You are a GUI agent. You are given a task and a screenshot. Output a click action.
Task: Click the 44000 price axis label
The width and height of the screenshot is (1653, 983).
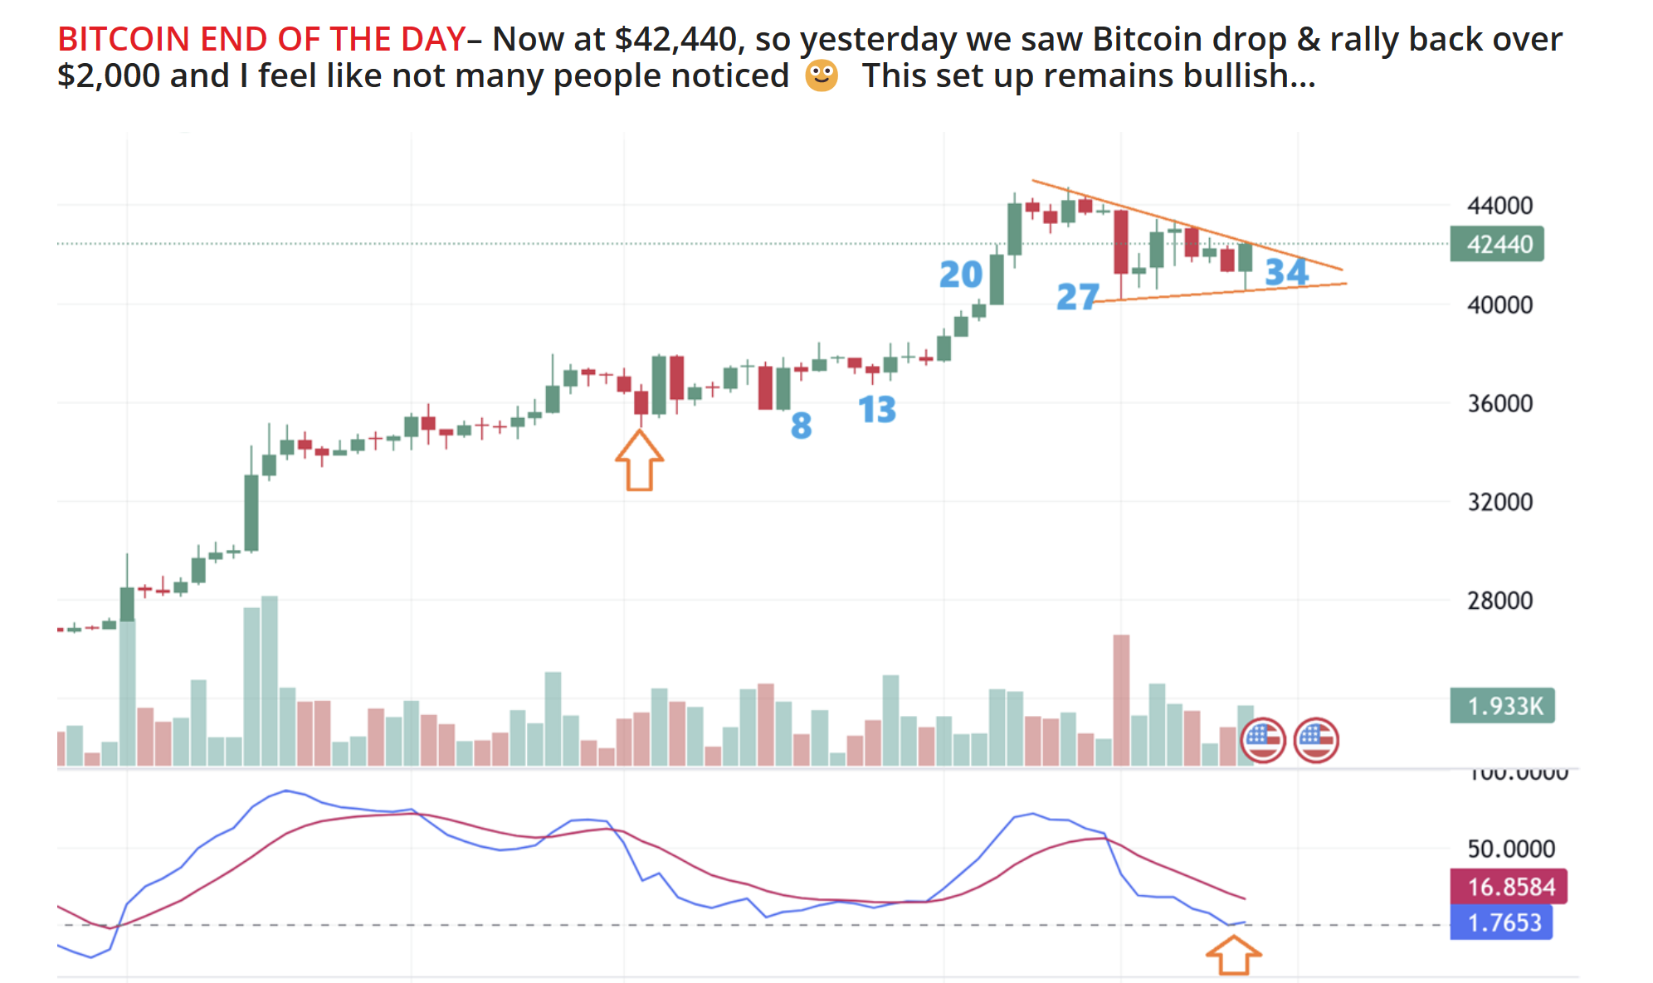coord(1499,205)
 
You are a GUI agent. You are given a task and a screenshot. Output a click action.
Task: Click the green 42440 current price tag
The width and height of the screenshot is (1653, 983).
coord(1496,244)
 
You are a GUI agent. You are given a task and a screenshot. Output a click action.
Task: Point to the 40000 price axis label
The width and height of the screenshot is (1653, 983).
coord(1499,304)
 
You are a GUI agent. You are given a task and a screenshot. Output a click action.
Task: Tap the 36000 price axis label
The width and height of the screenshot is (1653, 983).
coord(1499,403)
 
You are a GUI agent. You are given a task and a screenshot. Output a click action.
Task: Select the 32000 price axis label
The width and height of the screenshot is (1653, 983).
coord(1499,502)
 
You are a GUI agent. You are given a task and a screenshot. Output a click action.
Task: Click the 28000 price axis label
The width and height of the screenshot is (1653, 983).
coord(1499,601)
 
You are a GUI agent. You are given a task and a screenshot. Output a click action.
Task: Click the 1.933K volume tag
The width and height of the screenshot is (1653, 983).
coord(1501,706)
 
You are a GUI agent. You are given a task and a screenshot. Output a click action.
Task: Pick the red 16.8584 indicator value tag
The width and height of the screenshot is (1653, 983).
coord(1508,887)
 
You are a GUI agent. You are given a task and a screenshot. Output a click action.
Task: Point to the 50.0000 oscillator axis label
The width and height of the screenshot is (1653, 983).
coord(1510,849)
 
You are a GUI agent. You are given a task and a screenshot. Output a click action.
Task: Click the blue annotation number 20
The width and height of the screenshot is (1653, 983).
coord(960,275)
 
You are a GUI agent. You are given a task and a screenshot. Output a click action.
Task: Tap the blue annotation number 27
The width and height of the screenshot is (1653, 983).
coord(1077,296)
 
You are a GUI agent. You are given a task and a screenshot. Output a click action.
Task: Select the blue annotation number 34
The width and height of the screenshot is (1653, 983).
coord(1286,272)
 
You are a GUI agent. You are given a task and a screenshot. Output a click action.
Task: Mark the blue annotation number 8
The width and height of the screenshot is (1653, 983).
coord(801,426)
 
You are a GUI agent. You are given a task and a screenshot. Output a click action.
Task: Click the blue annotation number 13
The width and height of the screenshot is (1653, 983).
coord(876,409)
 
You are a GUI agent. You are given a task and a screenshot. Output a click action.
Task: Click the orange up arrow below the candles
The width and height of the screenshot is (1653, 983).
coord(639,460)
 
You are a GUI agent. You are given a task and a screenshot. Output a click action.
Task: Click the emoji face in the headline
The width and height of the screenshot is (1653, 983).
coord(822,75)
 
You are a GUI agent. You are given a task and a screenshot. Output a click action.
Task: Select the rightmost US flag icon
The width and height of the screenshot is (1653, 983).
coord(1316,739)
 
